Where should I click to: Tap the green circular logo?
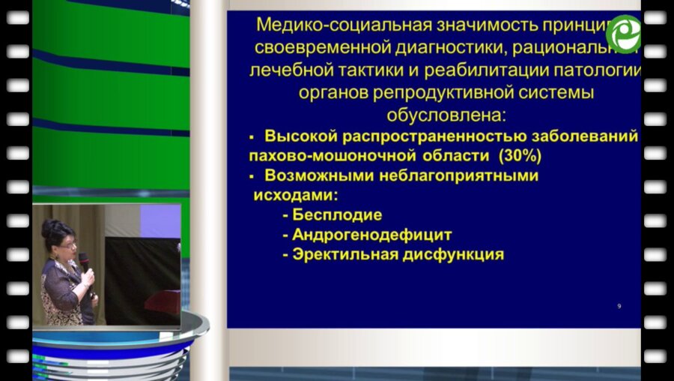tap(623, 34)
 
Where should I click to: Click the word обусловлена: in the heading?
tap(446, 116)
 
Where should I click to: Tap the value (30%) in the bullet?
tap(516, 157)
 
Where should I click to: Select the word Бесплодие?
tap(337, 215)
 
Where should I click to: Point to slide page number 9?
tap(619, 306)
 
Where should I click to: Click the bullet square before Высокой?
tap(252, 137)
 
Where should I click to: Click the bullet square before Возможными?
tap(252, 176)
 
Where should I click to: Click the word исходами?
tap(293, 195)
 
